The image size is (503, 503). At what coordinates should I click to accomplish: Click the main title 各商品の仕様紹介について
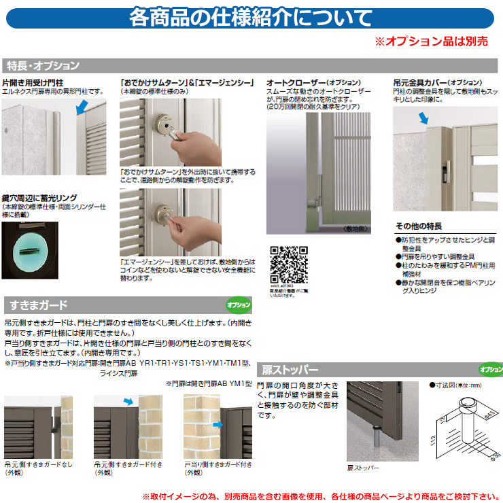click(x=251, y=17)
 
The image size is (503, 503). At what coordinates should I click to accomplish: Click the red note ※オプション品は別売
click(x=431, y=41)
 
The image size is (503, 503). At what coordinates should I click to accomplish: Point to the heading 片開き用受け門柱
click(x=33, y=82)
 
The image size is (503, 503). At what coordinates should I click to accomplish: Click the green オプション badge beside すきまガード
click(x=238, y=305)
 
